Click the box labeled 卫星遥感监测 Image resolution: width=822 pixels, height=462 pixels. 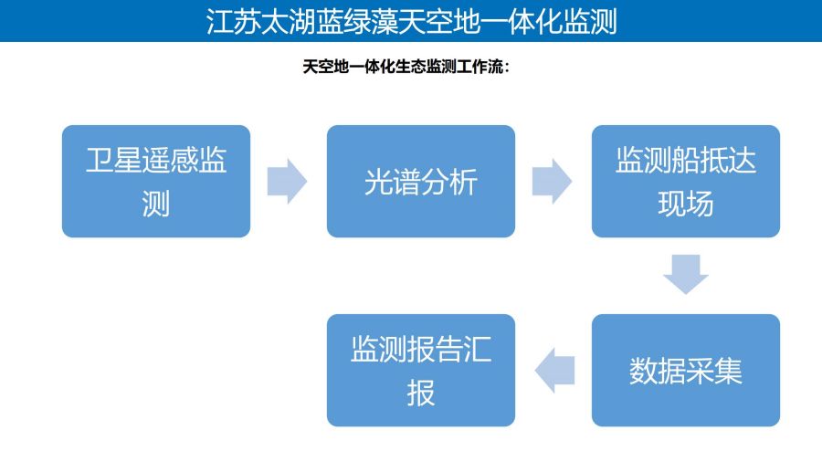156,181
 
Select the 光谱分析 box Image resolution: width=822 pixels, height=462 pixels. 421,181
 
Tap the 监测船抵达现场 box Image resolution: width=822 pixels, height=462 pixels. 686,181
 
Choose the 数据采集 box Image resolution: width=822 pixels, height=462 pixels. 686,371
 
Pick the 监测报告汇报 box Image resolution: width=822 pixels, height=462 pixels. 421,371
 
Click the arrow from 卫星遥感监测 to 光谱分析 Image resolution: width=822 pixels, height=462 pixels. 288,181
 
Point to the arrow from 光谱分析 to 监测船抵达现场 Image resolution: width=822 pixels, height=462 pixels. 552,181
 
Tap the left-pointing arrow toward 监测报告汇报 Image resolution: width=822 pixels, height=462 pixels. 554,371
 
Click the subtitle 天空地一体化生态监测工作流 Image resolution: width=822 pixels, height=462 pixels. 403,67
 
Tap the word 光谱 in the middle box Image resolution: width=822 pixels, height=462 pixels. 393,182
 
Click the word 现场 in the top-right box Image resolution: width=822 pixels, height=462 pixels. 686,204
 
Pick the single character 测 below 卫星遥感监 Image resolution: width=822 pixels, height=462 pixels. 156,204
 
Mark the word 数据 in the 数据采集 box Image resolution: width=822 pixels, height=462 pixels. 658,371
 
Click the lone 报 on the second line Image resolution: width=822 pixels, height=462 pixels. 421,393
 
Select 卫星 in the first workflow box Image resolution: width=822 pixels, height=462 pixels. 114,160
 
